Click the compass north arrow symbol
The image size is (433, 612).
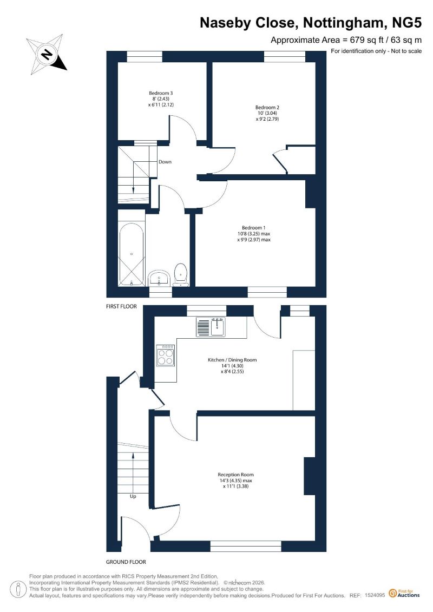point(47,54)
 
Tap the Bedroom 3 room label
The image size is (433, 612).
point(161,98)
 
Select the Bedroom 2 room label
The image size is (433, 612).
point(267,113)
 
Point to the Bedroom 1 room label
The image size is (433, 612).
point(254,233)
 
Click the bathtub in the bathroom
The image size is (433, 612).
point(132,254)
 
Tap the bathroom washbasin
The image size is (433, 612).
point(159,278)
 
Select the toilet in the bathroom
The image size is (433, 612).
point(180,275)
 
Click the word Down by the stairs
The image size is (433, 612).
point(165,162)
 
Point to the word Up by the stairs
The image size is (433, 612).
point(133,496)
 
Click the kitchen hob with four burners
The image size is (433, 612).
point(166,355)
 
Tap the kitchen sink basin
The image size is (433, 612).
point(218,327)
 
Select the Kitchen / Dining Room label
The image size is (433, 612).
point(232,366)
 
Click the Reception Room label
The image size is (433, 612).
point(236,481)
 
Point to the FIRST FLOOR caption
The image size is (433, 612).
point(121,306)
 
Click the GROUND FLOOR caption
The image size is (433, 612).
point(126,562)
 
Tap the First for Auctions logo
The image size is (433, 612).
point(404,593)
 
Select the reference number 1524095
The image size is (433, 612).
point(375,595)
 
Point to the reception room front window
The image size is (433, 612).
point(246,546)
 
